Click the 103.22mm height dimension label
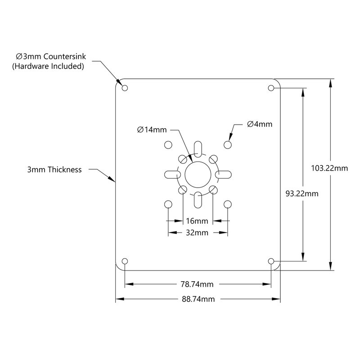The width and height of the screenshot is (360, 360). click(329, 168)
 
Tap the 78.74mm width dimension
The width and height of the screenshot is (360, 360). click(198, 284)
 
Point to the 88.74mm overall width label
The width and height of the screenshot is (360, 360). click(198, 299)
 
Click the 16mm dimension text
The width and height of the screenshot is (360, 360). click(197, 221)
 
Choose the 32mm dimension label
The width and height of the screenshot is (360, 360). click(197, 233)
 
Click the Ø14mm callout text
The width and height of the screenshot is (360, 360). click(152, 130)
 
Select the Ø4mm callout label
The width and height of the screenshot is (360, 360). click(260, 124)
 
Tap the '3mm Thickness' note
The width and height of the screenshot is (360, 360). click(54, 170)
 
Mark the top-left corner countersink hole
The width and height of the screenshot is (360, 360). click(125, 88)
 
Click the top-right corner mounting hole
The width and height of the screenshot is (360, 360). click(271, 88)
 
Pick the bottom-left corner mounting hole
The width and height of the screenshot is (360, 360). click(125, 261)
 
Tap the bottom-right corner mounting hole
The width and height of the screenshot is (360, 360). click(271, 261)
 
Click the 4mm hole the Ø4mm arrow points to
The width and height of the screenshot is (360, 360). click(228, 144)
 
